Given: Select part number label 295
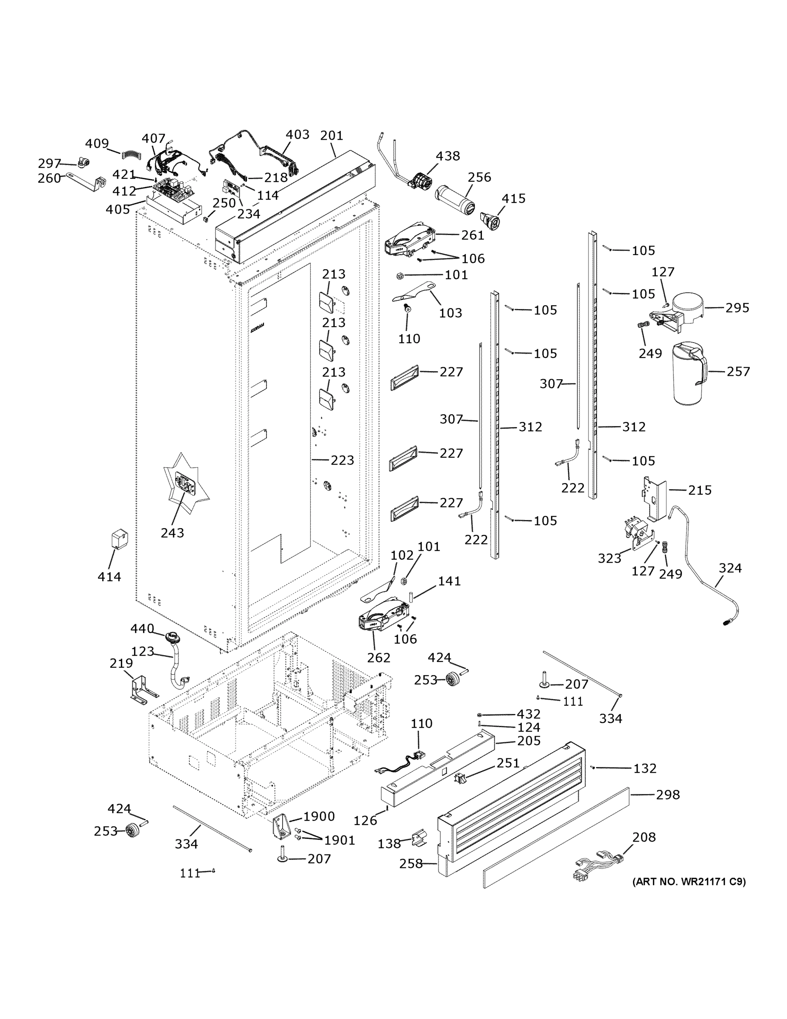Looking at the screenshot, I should pos(737,308).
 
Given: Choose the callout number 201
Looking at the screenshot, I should pos(331,136).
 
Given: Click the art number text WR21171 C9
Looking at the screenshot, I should pos(689,882).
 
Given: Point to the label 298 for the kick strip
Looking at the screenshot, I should pos(668,794).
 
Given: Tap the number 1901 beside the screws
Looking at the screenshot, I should pos(339,840).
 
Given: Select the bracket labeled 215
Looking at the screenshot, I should pos(657,497).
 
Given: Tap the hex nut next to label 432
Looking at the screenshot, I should pos(480,714).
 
